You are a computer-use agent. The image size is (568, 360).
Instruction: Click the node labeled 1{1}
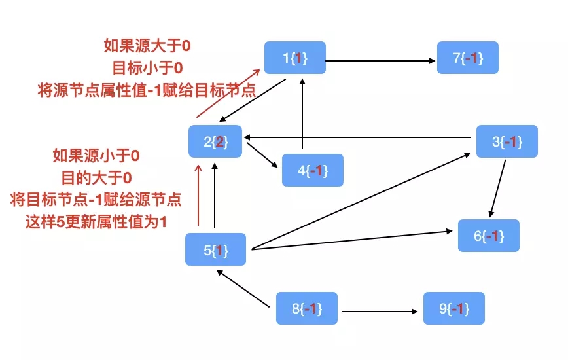click(294, 58)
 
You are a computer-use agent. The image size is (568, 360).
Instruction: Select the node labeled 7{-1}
click(467, 58)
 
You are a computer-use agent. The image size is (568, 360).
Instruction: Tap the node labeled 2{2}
click(215, 141)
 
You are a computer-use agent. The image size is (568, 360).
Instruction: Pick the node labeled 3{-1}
click(506, 141)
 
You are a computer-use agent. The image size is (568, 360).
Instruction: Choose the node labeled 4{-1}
click(312, 171)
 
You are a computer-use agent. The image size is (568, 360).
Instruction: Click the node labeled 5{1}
click(215, 249)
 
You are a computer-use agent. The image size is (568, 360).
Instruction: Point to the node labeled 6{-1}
click(488, 236)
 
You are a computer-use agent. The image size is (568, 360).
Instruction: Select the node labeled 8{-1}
click(306, 308)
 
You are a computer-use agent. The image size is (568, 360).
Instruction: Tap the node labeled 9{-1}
click(454, 308)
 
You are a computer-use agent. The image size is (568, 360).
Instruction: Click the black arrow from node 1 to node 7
click(380, 62)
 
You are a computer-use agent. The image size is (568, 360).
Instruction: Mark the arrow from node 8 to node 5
click(243, 289)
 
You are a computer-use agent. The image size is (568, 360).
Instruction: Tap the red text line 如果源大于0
click(147, 46)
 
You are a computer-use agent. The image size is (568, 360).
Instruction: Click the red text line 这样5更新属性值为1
click(96, 222)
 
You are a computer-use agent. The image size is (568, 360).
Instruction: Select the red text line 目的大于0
click(96, 177)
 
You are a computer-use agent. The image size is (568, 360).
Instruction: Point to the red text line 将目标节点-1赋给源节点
click(96, 200)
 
